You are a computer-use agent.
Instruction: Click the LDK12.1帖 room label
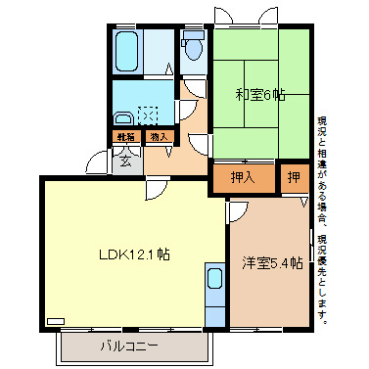pos(134,254)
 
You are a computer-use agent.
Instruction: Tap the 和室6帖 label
pos(259,96)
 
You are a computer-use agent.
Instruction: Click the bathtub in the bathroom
pos(127,51)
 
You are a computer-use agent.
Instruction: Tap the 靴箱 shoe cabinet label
pos(125,137)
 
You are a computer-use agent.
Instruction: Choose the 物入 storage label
pos(160,137)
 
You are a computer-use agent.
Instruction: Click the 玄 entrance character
pos(126,159)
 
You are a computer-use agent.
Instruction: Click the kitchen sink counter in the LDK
pos(215,293)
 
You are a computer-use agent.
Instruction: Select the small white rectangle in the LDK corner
pos(55,320)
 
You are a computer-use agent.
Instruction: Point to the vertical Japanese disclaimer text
pos(322,220)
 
